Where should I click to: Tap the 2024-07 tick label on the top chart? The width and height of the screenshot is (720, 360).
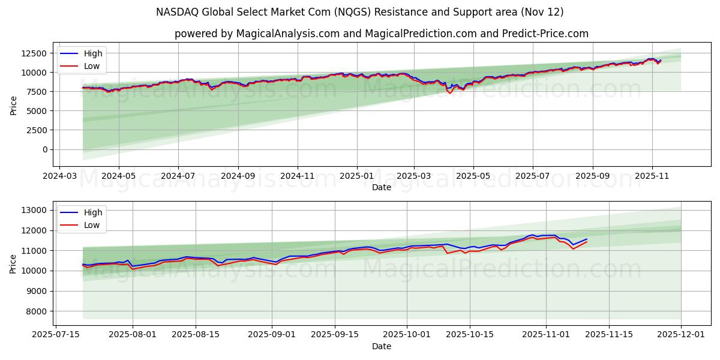[x=178, y=176]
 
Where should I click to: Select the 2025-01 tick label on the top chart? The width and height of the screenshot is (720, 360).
[x=357, y=176]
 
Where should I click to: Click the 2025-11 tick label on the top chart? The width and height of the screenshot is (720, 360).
[x=652, y=176]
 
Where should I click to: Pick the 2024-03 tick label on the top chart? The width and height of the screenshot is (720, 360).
[x=59, y=176]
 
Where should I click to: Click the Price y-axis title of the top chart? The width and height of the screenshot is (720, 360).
[x=13, y=105]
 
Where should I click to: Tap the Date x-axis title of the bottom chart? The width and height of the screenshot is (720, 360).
[x=381, y=346]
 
